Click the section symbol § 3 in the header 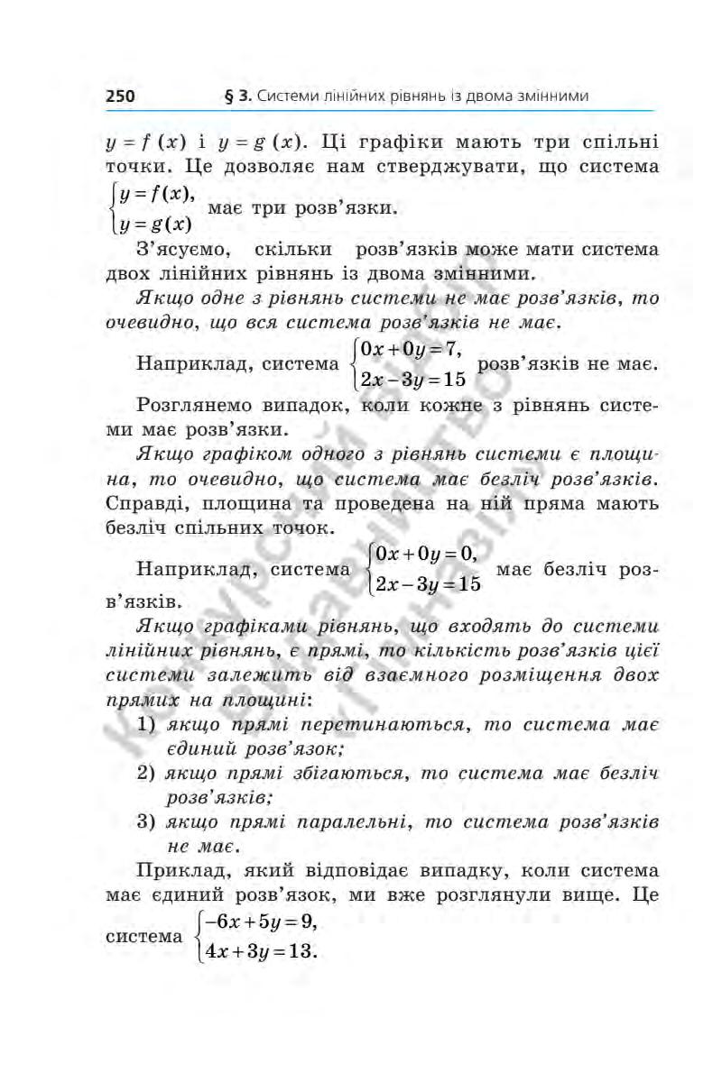click(x=237, y=95)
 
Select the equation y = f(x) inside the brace click(x=155, y=196)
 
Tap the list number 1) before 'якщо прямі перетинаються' click(x=146, y=724)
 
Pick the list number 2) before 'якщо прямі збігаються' click(x=146, y=773)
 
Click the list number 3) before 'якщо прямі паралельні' click(x=146, y=821)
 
